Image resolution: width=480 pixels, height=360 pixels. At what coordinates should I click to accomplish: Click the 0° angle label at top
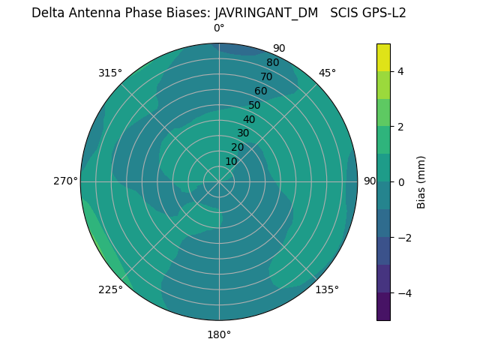pyautogui.click(x=219, y=28)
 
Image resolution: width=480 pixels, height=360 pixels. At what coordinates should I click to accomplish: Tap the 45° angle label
pyautogui.click(x=327, y=73)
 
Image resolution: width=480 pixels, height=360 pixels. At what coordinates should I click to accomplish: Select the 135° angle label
pyautogui.click(x=327, y=289)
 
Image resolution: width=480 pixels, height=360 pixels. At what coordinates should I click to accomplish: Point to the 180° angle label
pyautogui.click(x=219, y=334)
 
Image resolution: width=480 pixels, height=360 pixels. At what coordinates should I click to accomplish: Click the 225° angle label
pyautogui.click(x=110, y=289)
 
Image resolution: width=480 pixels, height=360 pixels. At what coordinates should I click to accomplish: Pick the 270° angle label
pyautogui.click(x=66, y=181)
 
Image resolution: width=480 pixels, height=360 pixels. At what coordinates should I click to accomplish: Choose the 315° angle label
pyautogui.click(x=110, y=73)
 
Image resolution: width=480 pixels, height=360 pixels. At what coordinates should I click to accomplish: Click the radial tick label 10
pyautogui.click(x=231, y=161)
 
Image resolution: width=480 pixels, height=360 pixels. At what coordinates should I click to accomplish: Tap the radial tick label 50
pyautogui.click(x=254, y=105)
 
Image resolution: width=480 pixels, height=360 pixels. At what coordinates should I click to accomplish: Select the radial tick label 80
pyautogui.click(x=272, y=62)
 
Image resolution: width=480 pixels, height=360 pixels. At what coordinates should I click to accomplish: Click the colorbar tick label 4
pyautogui.click(x=401, y=71)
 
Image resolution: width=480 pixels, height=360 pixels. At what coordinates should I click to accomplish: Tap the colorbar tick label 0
pyautogui.click(x=401, y=181)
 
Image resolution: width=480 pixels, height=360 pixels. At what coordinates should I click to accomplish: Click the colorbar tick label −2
pyautogui.click(x=403, y=237)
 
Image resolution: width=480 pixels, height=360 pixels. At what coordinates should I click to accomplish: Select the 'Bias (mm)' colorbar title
pyautogui.click(x=421, y=181)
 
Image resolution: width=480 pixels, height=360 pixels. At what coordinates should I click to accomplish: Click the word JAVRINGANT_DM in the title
pyautogui.click(x=266, y=13)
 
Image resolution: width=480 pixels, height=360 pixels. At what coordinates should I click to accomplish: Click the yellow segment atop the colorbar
pyautogui.click(x=383, y=57)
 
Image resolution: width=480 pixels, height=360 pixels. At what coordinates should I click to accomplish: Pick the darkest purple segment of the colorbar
pyautogui.click(x=383, y=307)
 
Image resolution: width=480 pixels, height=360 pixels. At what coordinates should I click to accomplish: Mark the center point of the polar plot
pyautogui.click(x=219, y=181)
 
